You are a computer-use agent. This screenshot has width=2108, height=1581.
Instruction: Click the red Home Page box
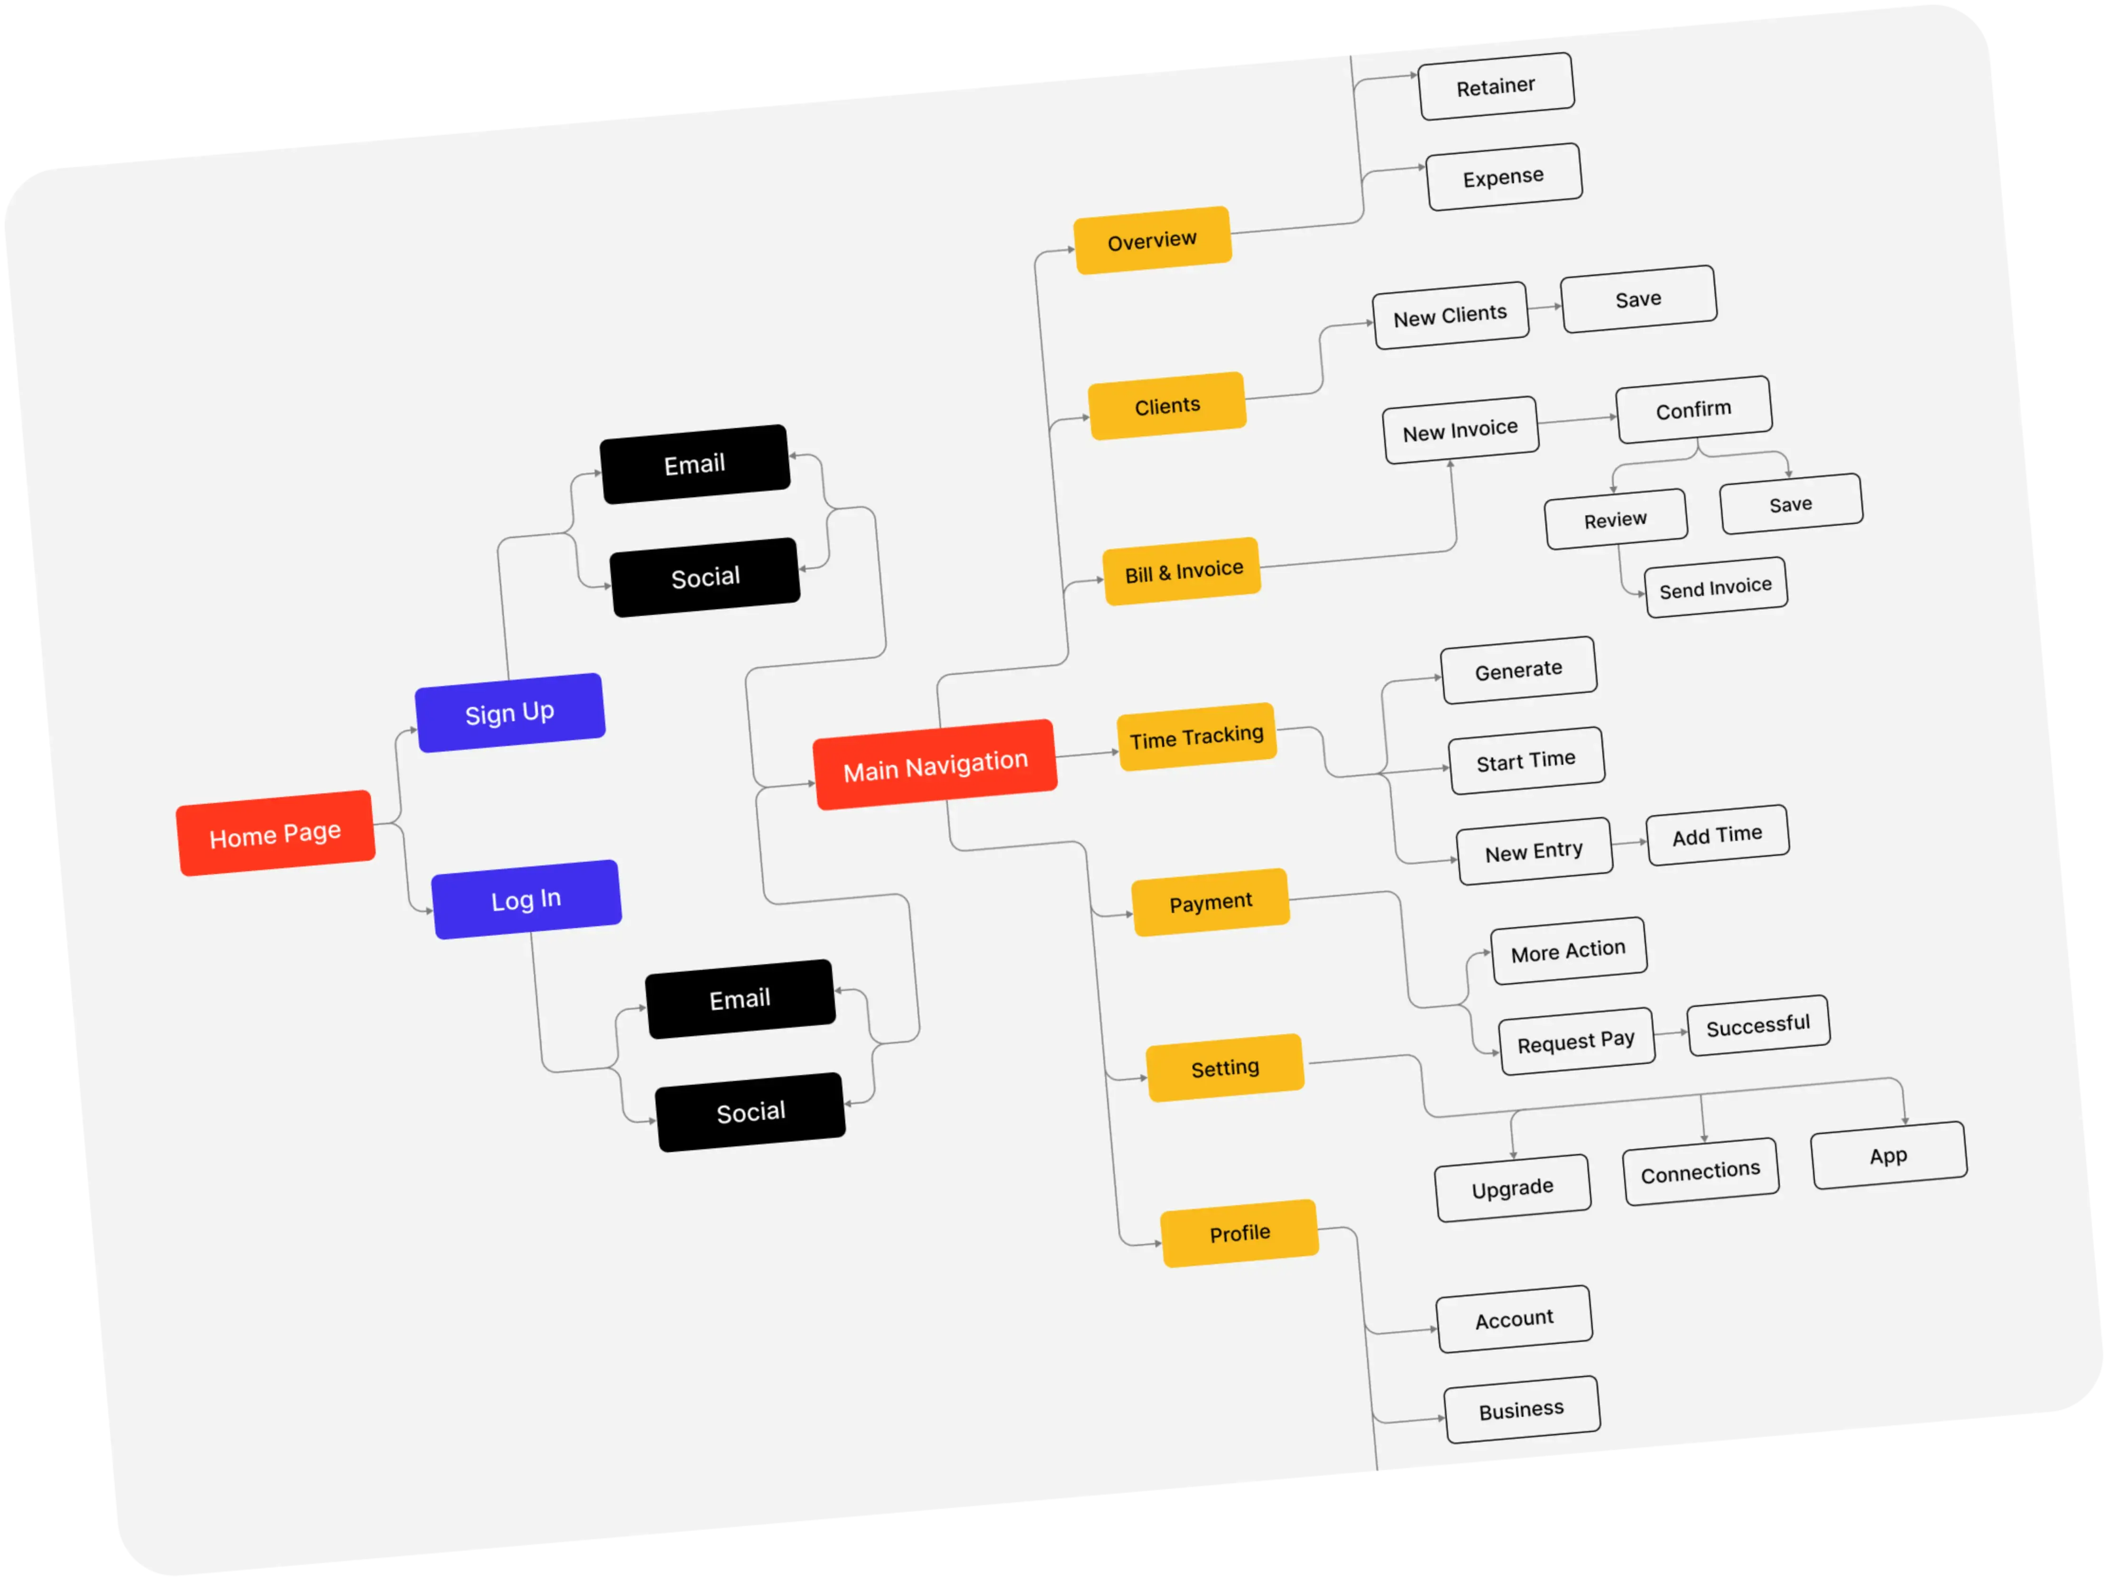(276, 833)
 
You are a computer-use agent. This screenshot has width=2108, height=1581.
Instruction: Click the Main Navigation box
(935, 764)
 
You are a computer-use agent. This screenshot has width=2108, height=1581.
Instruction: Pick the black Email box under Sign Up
(695, 464)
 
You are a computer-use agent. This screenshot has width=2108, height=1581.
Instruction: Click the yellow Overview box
(1152, 240)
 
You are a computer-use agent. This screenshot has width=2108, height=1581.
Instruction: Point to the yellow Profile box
(1240, 1233)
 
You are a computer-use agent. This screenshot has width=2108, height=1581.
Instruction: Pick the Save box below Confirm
(1791, 504)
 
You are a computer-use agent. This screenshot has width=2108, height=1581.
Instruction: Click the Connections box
(1701, 1171)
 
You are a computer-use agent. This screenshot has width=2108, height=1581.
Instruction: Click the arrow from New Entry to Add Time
(1629, 842)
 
